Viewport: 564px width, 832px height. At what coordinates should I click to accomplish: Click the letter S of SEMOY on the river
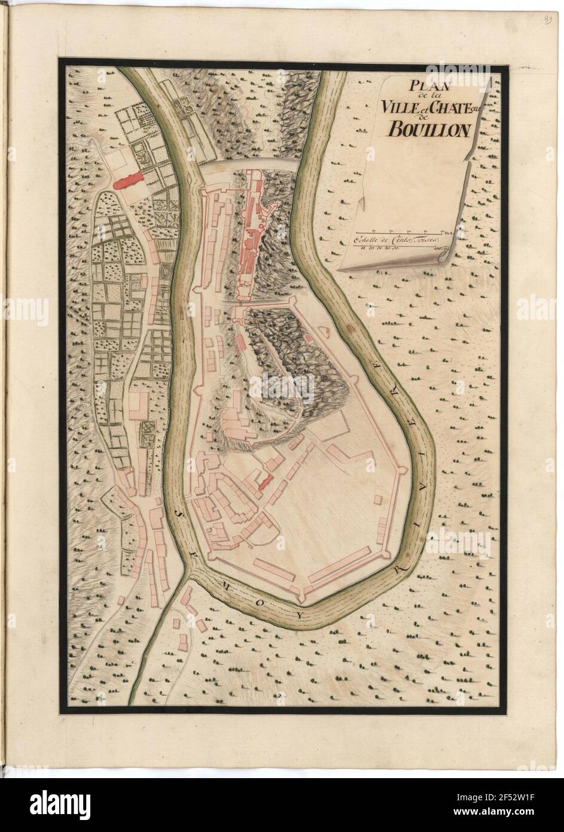tap(179, 514)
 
